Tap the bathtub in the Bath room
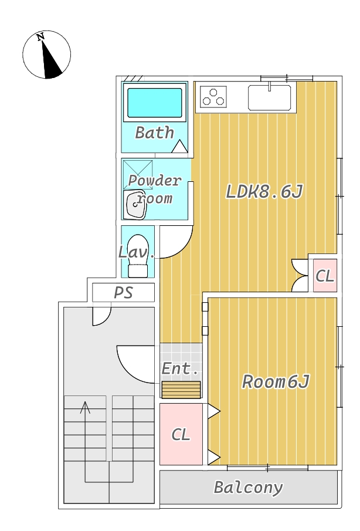[155, 103]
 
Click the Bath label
[155, 133]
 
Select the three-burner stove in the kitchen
[214, 96]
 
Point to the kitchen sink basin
[269, 97]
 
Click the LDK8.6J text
[264, 191]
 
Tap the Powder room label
[155, 189]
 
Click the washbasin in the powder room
[136, 204]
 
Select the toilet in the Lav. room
[138, 256]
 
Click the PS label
[123, 292]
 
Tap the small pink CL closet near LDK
[325, 275]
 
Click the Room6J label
[276, 382]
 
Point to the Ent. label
[180, 369]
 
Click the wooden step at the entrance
[181, 390]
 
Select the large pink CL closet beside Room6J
[181, 434]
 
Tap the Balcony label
[248, 487]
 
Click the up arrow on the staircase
[86, 407]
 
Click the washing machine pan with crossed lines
[138, 174]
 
